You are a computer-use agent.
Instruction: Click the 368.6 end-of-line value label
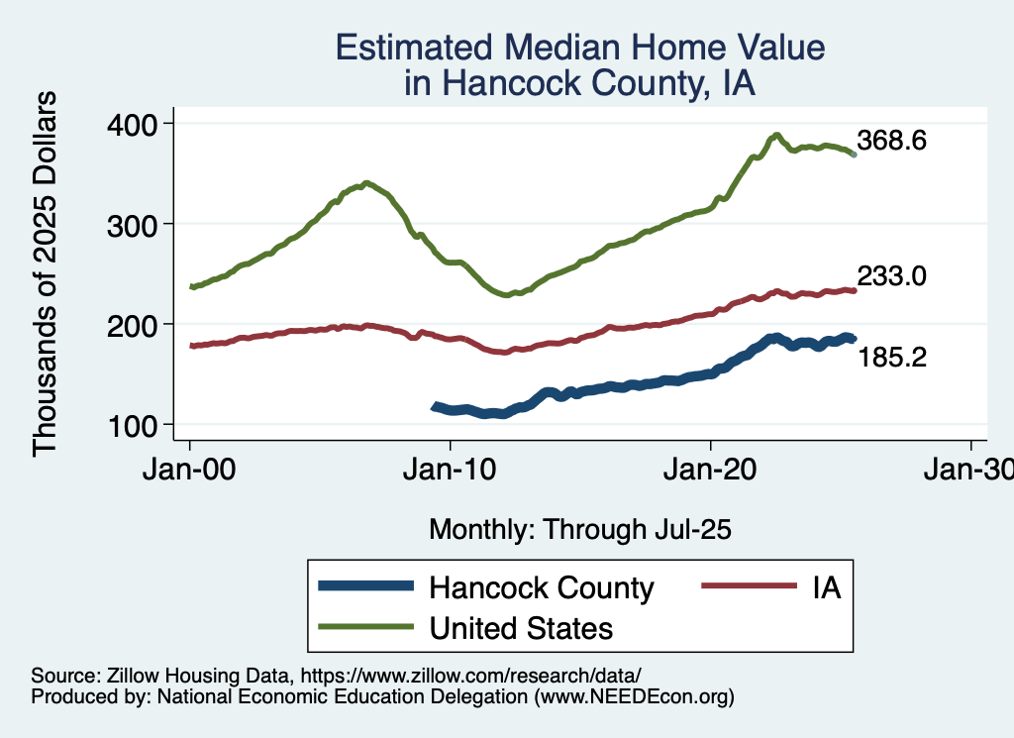[891, 141]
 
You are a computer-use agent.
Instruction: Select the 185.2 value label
[891, 357]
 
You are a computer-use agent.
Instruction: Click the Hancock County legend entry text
[541, 587]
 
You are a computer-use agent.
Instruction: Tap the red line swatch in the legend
[749, 586]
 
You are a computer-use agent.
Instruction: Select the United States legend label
[520, 628]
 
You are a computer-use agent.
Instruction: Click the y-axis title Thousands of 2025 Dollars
[47, 274]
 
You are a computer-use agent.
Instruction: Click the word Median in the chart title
[572, 48]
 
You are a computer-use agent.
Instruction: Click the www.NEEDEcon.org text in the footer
[634, 697]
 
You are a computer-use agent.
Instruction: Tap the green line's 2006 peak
[367, 183]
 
